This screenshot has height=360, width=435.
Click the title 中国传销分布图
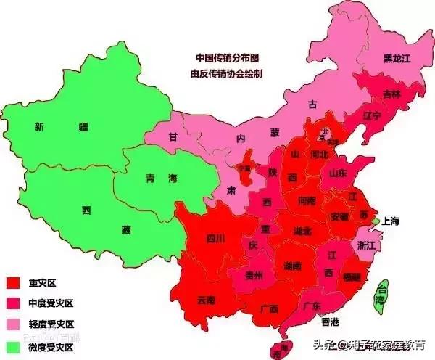[228, 57]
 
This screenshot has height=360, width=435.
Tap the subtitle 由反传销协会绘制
[227, 73]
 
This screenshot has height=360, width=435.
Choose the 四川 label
[215, 237]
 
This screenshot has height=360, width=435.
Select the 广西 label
[268, 308]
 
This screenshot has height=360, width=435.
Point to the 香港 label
[331, 321]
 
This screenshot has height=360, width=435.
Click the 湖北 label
[302, 231]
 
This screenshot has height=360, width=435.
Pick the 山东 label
[339, 173]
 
